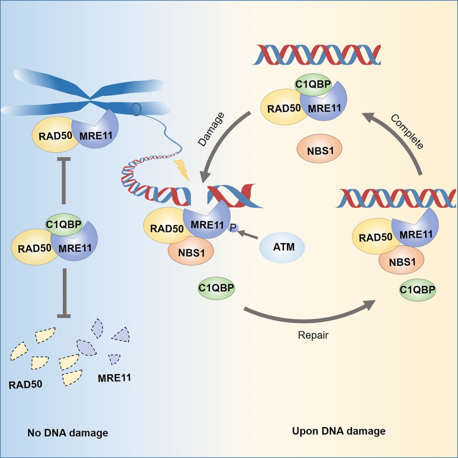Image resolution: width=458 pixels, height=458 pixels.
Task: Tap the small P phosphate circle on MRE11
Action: [232, 228]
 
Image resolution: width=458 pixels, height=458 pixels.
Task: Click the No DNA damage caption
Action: [68, 433]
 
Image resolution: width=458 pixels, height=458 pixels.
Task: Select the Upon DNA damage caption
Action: [339, 431]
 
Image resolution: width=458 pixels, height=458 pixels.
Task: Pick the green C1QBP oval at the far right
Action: [418, 289]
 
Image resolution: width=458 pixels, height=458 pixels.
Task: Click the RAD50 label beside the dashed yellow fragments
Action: [25, 385]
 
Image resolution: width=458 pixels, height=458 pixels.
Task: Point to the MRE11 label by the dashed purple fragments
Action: [114, 378]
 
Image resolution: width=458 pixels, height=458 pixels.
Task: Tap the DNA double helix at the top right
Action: [318, 54]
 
